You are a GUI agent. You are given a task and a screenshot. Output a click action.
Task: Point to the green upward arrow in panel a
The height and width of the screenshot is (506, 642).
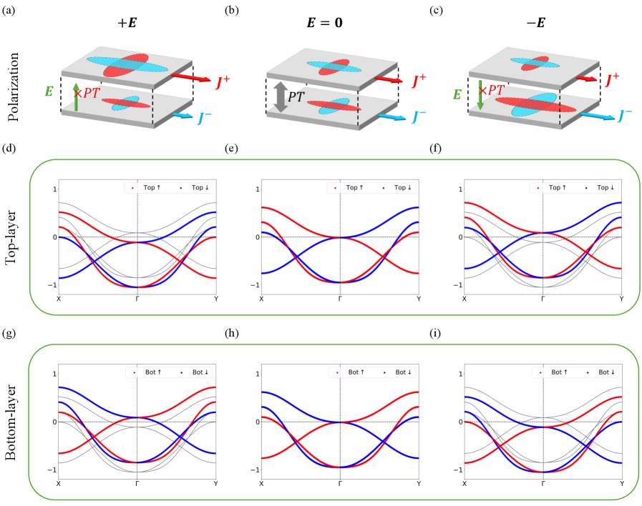point(76,96)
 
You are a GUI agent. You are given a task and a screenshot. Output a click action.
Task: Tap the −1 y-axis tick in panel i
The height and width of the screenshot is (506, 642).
point(456,470)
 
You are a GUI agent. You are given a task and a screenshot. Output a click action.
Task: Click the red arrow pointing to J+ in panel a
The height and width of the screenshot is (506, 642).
point(189,77)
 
